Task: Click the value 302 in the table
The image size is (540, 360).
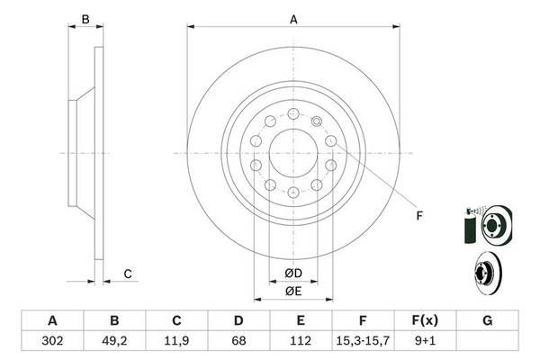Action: (51, 341)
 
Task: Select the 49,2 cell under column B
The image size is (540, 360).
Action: (114, 341)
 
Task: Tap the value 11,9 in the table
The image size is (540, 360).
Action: (176, 341)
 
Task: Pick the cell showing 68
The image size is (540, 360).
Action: (238, 341)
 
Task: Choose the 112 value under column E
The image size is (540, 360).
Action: (301, 341)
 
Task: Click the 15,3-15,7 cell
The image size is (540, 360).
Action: (364, 341)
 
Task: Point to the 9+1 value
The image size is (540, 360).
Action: (426, 341)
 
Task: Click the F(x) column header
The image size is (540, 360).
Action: (426, 321)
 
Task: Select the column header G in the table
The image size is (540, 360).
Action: (488, 321)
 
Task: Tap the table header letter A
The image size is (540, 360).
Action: (51, 321)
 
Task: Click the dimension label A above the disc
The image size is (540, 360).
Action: (293, 17)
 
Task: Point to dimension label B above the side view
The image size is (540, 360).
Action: (85, 18)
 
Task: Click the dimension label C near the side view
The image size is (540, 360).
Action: (128, 274)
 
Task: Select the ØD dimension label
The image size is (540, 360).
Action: (293, 273)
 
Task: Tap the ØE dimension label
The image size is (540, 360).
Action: (293, 291)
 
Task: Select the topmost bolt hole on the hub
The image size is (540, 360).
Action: (293, 113)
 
